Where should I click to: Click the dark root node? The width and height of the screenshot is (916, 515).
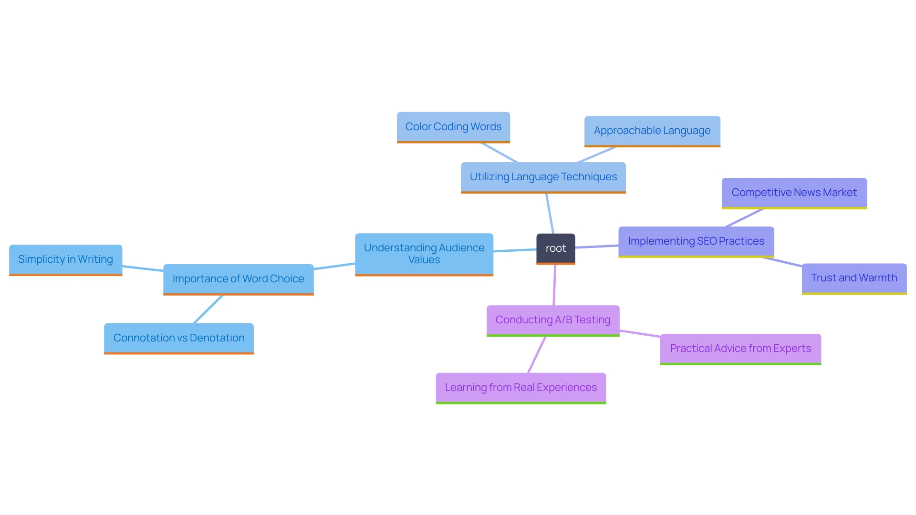[x=555, y=248]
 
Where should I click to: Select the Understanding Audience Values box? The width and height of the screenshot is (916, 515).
[x=424, y=254]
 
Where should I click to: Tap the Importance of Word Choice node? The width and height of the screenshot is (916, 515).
[x=238, y=279]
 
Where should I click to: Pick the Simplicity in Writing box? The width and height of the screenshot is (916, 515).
[x=65, y=259]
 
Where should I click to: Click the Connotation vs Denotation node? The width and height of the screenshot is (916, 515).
[x=178, y=338]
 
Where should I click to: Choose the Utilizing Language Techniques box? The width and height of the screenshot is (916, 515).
[x=543, y=177]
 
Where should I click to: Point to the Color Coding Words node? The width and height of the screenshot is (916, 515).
[x=453, y=127]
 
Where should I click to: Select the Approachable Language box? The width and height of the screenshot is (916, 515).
[x=652, y=131]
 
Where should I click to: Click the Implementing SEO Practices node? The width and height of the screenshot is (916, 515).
[x=696, y=241]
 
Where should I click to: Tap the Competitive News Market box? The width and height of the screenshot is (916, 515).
[x=794, y=193]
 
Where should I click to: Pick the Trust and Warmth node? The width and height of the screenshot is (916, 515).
[x=854, y=278]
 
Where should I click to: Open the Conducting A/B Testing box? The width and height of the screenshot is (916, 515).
[x=552, y=320]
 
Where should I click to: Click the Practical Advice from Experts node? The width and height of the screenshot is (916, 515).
[x=740, y=349]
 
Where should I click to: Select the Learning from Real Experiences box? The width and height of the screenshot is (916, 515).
[x=520, y=388]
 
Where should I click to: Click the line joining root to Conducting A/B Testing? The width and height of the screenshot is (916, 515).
[x=554, y=285]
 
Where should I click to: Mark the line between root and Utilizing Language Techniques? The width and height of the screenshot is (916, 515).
[x=550, y=213]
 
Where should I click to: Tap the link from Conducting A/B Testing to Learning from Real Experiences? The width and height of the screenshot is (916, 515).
[x=537, y=355]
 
